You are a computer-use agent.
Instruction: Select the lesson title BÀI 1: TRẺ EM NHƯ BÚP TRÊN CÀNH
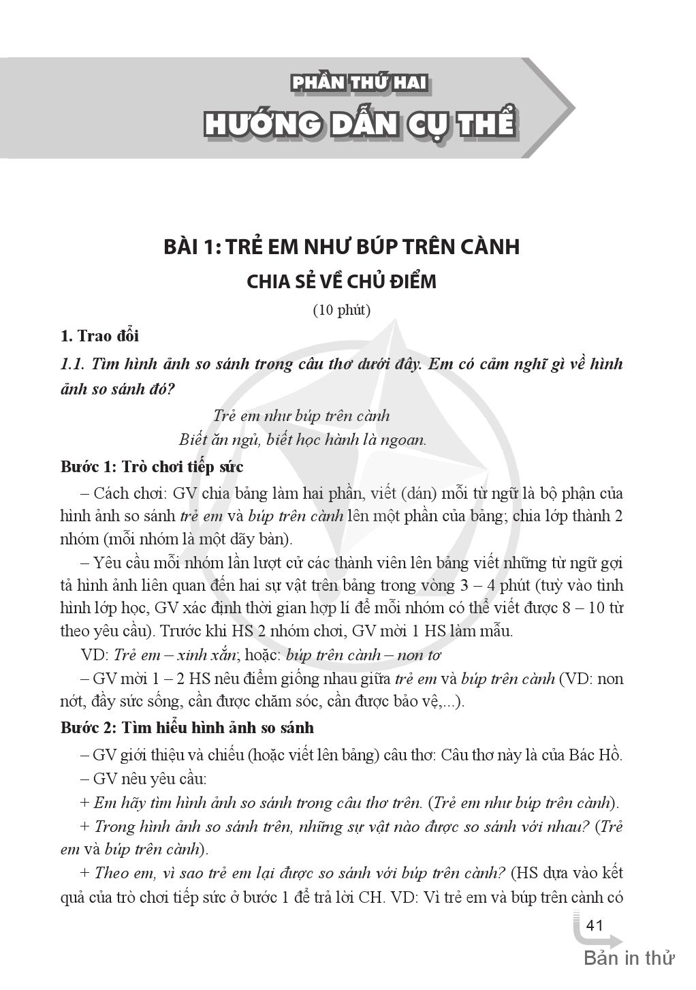point(341,246)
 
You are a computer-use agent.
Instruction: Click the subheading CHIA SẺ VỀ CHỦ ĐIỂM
point(341,280)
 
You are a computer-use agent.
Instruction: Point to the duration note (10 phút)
point(341,310)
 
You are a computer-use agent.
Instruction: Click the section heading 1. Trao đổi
point(99,336)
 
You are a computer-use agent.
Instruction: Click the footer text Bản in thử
point(629,958)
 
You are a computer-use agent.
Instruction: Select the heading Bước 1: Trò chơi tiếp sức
point(152,467)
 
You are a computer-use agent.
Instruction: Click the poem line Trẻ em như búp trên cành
point(301,415)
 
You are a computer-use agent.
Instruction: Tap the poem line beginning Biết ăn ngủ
point(302,439)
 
